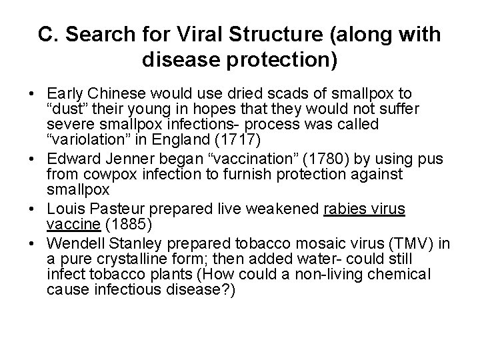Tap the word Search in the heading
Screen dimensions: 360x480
(x=108, y=35)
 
